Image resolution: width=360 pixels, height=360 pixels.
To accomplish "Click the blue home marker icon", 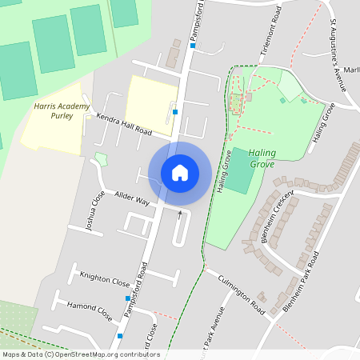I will pos(180,172).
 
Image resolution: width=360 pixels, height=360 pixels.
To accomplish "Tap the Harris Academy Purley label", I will pos(54,110).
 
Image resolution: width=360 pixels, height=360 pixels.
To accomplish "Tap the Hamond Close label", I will pos(89,310).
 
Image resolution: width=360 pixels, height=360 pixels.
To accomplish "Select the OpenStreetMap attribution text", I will pos(80,354).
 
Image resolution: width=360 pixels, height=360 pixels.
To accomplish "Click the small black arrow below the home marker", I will pos(179,214).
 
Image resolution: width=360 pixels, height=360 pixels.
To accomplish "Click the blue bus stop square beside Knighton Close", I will pos(127,298).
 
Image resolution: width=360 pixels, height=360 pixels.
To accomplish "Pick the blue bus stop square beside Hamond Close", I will pos(119,336).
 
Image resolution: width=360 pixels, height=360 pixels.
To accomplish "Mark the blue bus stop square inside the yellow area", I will pos(174,112).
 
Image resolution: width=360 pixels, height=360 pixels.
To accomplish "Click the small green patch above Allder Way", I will pos(101,158).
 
